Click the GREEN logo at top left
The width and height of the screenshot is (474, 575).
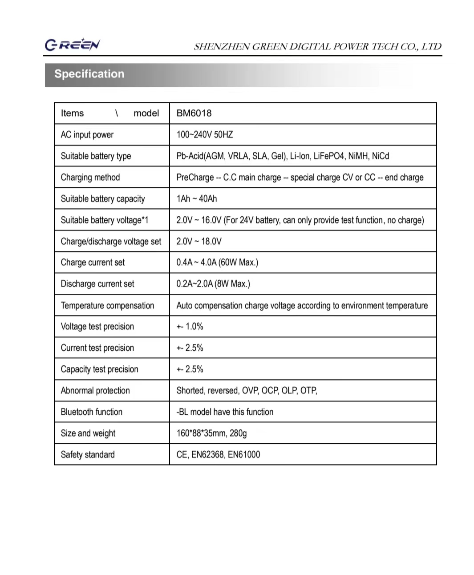coord(72,45)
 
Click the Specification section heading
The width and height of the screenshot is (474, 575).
coord(89,74)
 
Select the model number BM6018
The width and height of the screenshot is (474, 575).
coord(194,113)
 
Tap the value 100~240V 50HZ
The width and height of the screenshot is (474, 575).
coord(205,134)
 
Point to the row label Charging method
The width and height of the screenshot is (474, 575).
coord(90,177)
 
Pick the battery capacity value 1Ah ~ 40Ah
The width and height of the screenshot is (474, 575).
coord(197,198)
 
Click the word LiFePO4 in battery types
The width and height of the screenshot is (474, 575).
coord(328,156)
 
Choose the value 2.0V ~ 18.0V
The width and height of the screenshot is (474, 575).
coord(199,241)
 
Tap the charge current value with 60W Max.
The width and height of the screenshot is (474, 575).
coord(217,262)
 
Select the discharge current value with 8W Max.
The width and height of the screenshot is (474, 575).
coord(213,283)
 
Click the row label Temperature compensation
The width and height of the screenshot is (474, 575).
coord(107,305)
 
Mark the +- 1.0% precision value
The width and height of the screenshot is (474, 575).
coord(190,326)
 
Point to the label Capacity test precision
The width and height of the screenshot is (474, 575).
coord(99,369)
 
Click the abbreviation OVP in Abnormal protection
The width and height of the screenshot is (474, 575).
coord(250,390)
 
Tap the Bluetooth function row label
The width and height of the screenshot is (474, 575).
coord(91,412)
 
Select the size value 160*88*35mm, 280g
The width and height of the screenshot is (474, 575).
coord(211,433)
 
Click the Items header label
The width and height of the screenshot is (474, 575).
coord(72,113)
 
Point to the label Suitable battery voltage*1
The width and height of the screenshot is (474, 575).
coord(105,220)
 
